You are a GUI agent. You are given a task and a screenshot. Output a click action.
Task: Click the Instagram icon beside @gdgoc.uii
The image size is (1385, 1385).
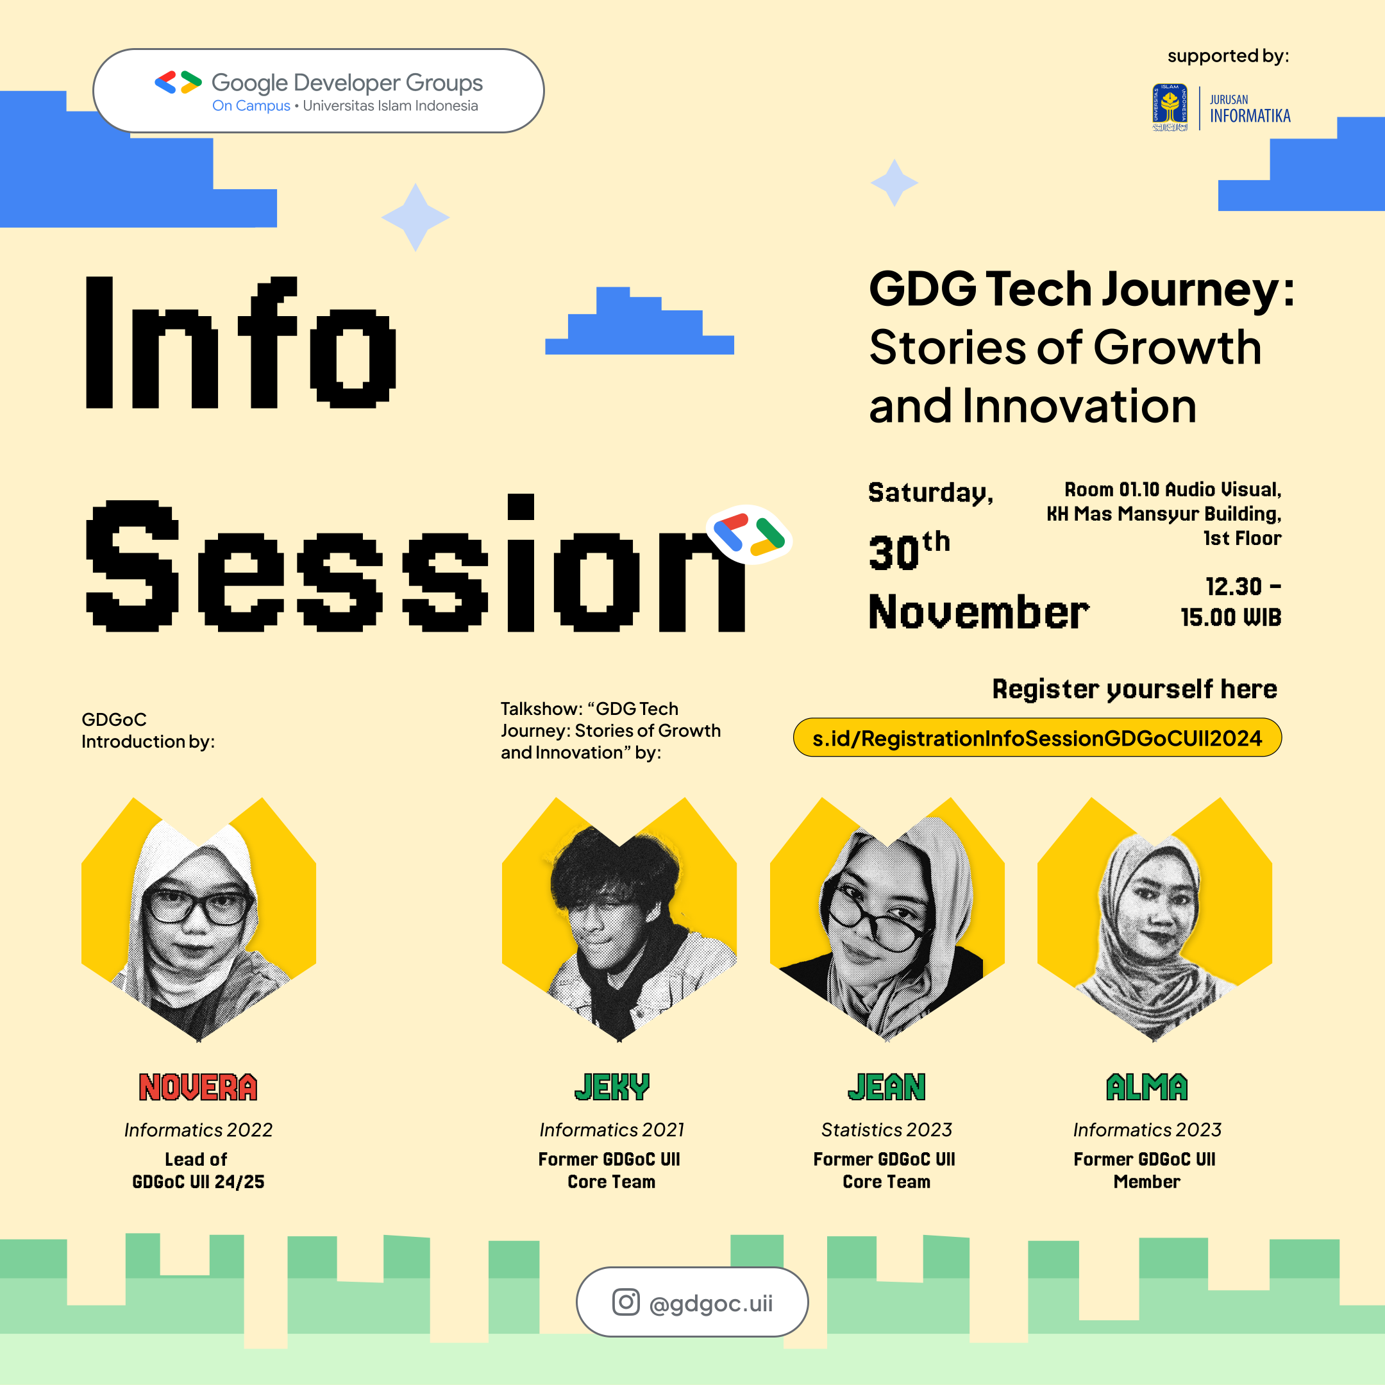point(625,1302)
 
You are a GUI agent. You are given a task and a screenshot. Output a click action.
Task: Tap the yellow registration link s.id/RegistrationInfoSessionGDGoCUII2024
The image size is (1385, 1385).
point(1037,737)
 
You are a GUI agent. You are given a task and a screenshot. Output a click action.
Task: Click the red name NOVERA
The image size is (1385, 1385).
point(198,1087)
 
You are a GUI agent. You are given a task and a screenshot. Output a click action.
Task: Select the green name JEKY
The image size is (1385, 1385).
point(612,1087)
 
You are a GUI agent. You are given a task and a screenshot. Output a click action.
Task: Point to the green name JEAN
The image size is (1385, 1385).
point(886,1087)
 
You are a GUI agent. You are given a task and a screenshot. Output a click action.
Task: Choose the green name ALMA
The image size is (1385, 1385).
point(1146,1087)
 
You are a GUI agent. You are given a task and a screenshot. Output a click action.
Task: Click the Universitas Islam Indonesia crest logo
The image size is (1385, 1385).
point(1169,108)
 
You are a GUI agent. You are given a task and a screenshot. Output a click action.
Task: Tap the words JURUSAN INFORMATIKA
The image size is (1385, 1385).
point(1250,109)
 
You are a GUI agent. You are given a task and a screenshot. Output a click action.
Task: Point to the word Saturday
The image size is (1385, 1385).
point(930,493)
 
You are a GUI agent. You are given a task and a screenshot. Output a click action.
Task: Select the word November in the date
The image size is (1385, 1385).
point(978,613)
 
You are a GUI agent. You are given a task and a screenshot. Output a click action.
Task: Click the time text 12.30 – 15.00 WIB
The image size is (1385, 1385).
point(1231,601)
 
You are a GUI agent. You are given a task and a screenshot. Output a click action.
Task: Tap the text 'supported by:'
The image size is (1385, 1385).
point(1227,56)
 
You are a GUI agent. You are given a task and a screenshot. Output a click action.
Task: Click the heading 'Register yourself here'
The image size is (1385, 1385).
point(1134,689)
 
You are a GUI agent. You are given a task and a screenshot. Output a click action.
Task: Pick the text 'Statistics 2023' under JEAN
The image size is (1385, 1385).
point(886,1130)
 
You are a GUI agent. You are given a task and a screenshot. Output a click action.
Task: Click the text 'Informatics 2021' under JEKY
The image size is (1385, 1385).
point(612,1130)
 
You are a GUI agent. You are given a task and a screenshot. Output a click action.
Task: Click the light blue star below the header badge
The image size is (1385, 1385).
point(415,217)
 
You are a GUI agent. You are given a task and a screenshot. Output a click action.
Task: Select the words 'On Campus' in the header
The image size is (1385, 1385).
point(251,106)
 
